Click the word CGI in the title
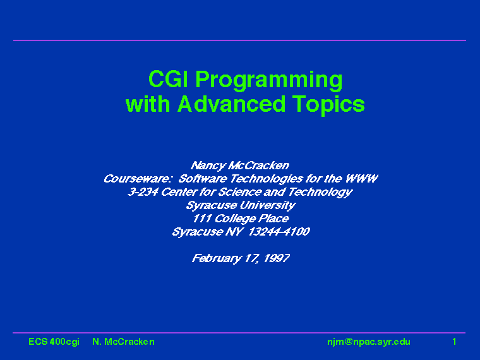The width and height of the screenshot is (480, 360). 169,79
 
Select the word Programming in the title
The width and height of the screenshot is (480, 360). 269,81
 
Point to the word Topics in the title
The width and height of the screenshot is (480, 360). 328,105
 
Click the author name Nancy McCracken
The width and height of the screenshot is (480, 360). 240,165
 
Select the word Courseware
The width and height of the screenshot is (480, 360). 136,179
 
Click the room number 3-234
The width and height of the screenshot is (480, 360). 143,192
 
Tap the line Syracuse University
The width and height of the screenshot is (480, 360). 241,205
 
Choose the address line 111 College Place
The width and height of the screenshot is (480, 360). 241,219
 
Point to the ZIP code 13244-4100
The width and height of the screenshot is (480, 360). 279,232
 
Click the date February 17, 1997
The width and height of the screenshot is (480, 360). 241,258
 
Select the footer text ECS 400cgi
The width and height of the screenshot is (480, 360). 54,342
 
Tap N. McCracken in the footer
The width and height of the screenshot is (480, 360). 123,342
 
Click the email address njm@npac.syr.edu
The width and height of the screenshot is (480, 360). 369,342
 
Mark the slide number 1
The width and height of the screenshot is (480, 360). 454,342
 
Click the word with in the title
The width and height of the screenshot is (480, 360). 148,104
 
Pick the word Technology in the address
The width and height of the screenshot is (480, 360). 320,192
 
